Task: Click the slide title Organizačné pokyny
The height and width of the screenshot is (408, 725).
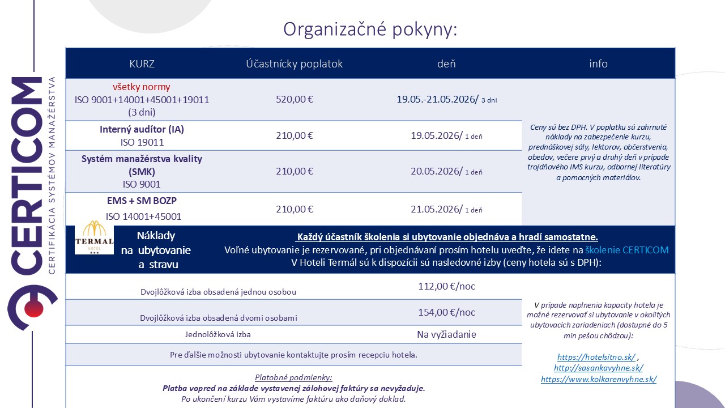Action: coord(370,29)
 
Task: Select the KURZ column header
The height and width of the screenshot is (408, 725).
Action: coord(142,63)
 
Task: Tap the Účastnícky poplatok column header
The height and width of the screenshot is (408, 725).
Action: coord(294,63)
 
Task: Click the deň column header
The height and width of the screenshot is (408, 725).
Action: coord(446,63)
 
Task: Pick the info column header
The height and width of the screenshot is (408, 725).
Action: coord(598,63)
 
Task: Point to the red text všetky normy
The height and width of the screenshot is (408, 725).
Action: coord(142,87)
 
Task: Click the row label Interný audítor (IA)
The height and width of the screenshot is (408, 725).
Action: coord(142,129)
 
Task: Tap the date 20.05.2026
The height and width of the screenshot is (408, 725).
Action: coord(437,171)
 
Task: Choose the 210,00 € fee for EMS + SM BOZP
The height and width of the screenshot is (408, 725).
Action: coord(294,209)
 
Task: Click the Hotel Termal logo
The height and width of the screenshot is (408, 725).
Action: coord(95,239)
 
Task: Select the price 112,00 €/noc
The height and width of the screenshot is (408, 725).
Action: coord(446,287)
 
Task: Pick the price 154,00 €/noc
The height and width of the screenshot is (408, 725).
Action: coord(446,312)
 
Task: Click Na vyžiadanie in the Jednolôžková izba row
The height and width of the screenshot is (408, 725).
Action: coord(446,334)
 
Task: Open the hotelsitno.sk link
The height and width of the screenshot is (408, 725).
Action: coord(596,357)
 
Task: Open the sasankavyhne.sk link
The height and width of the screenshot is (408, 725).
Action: coord(599,368)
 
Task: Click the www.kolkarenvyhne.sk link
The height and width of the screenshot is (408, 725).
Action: coord(599,380)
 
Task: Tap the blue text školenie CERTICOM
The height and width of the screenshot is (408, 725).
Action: coord(626,250)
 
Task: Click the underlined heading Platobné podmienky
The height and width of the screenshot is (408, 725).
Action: coord(293,377)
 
